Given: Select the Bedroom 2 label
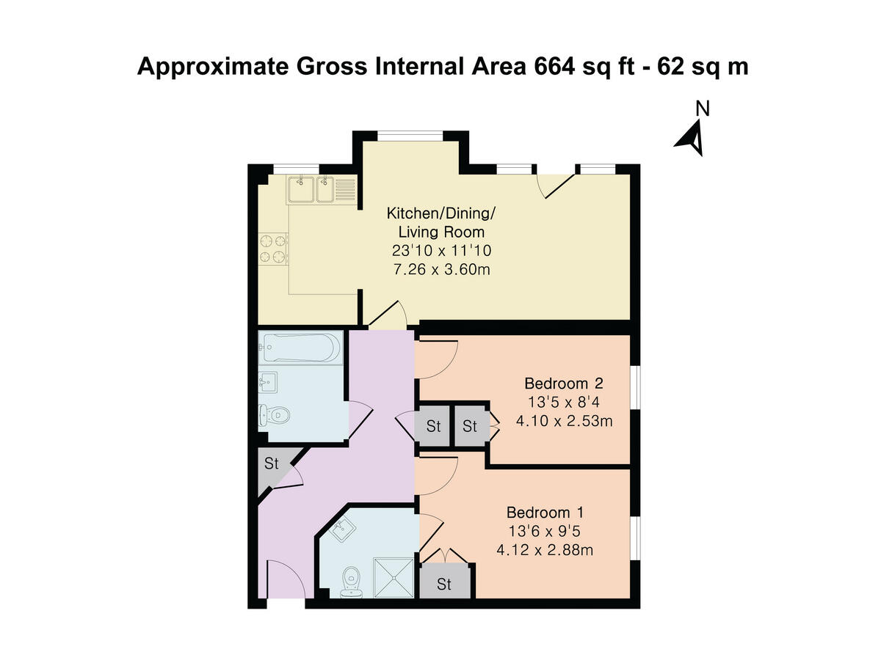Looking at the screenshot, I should [x=558, y=384].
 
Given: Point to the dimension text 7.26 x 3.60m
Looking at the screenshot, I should [x=441, y=270].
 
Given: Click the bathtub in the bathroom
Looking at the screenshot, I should [x=300, y=348].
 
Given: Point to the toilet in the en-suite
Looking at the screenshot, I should [x=352, y=578].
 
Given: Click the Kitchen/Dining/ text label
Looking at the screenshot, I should [x=441, y=214].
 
